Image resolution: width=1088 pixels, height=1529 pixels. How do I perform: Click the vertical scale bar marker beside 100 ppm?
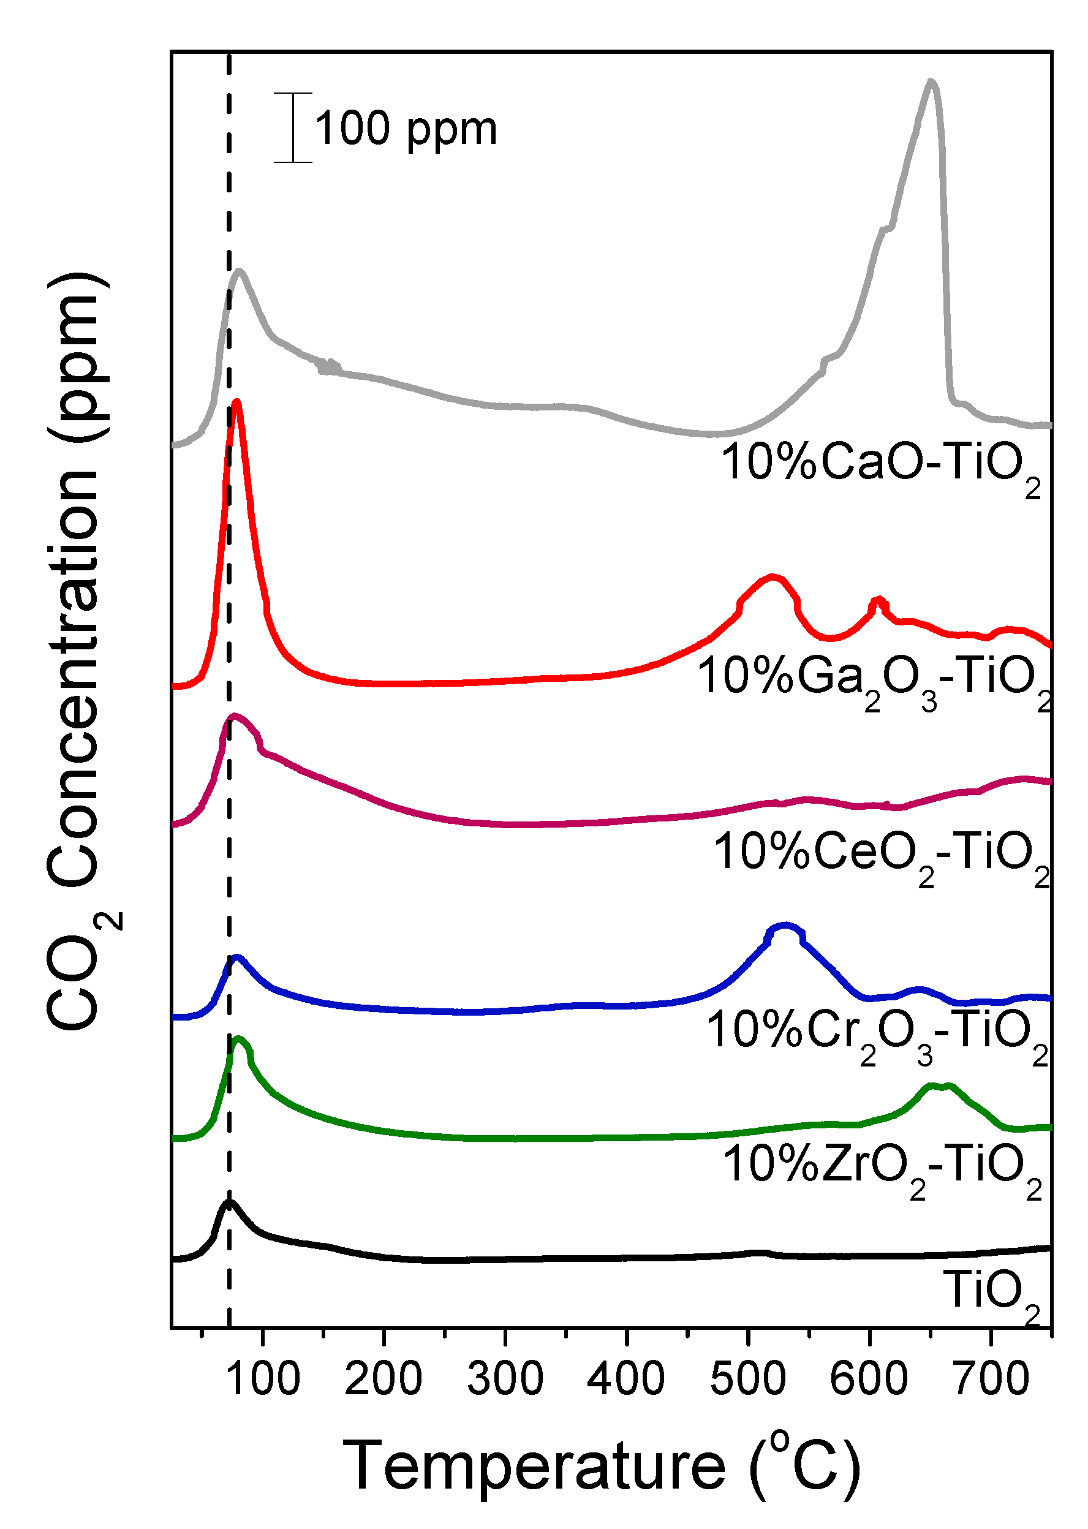(293, 127)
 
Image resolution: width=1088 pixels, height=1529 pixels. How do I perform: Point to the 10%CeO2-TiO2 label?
(881, 854)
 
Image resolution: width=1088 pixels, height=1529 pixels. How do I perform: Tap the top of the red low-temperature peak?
(236, 402)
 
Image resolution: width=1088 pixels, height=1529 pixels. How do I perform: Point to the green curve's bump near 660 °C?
(938, 1086)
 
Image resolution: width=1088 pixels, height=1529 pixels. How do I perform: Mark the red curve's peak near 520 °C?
(773, 576)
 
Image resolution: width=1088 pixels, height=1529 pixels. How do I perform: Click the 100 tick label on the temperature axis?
(263, 1380)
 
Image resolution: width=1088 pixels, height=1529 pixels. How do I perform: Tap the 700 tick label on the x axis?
(991, 1380)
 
